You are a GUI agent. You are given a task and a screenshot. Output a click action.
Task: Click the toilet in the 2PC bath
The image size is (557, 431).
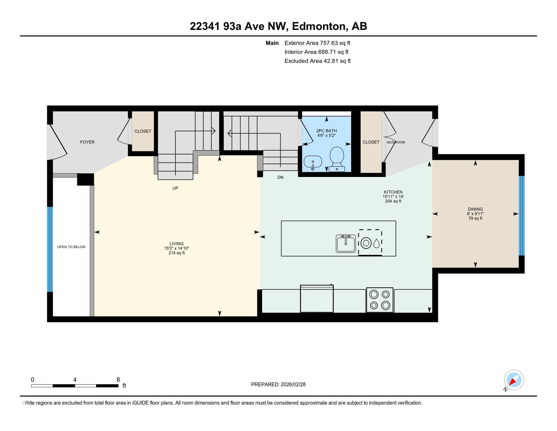(x=337, y=158)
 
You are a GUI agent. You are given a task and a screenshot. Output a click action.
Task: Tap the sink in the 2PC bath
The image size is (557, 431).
(x=313, y=162)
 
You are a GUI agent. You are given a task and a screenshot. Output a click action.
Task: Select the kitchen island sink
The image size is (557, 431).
(x=346, y=243)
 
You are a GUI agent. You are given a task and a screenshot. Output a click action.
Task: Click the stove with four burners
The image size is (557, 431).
(x=380, y=300)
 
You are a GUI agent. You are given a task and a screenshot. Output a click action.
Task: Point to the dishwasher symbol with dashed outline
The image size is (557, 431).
(x=370, y=242)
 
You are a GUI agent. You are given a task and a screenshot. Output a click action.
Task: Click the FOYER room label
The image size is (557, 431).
(x=87, y=142)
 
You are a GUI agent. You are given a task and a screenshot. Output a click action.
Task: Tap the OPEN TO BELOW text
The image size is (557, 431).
(x=71, y=247)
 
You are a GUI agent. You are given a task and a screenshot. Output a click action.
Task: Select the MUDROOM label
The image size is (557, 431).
(x=395, y=142)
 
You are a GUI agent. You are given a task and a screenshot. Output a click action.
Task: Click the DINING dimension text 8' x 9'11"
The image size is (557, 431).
(x=475, y=214)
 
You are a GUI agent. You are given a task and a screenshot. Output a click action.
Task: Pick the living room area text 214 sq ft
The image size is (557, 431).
(x=176, y=253)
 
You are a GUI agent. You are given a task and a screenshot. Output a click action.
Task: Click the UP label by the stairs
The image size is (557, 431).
(x=175, y=188)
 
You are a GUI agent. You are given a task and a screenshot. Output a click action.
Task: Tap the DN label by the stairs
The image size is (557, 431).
(x=280, y=177)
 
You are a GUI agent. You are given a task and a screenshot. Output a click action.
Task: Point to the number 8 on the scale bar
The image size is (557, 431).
(x=118, y=380)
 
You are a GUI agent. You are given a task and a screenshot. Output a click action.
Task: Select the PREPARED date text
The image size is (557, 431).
(x=278, y=384)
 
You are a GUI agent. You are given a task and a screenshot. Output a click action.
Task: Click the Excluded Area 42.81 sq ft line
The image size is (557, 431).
(x=317, y=61)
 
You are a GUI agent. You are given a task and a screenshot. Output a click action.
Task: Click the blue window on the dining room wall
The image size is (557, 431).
(x=522, y=215)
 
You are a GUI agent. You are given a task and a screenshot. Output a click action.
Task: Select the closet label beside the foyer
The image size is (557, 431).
(x=143, y=131)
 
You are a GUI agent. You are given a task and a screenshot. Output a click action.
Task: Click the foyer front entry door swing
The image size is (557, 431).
(x=58, y=143)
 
